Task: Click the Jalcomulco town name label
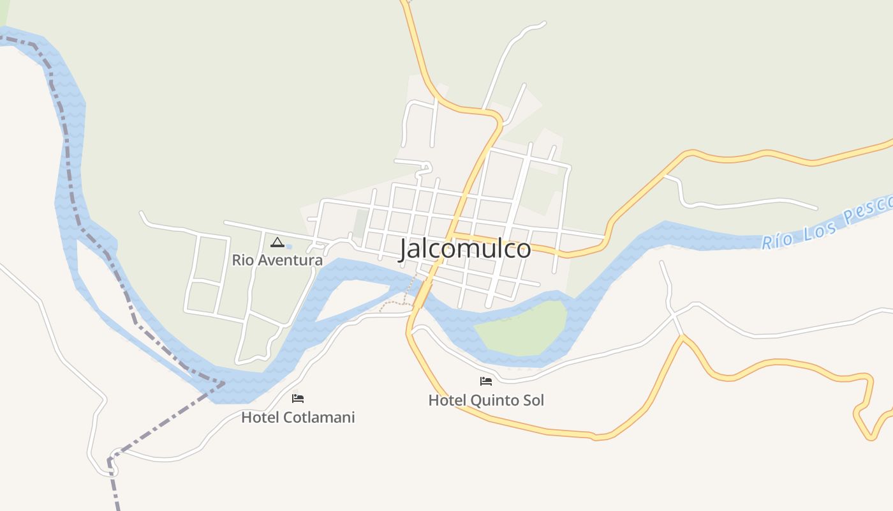click(x=465, y=249)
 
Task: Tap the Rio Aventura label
click(x=277, y=261)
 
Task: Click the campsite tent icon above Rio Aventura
click(x=277, y=242)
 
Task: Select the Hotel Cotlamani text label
click(x=298, y=418)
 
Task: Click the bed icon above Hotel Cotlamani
click(x=298, y=399)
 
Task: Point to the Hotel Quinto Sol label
click(x=486, y=400)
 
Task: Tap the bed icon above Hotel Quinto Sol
click(x=486, y=381)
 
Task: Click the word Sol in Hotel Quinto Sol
click(x=533, y=400)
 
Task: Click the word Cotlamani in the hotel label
click(x=316, y=418)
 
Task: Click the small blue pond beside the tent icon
click(x=288, y=247)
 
